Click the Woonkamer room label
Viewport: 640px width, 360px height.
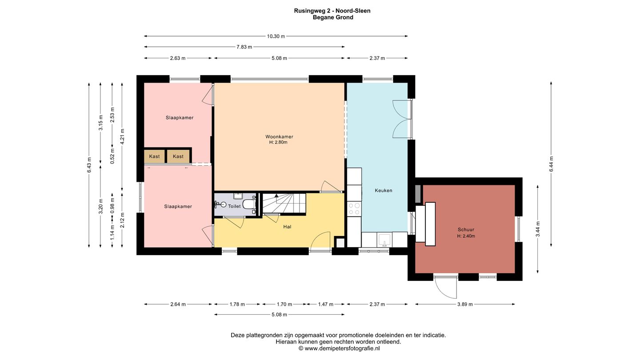pos(279,136)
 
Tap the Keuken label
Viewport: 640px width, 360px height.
pos(384,191)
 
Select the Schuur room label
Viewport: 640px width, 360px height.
pos(466,229)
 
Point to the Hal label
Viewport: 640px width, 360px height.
pos(287,227)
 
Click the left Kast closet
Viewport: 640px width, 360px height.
pos(155,156)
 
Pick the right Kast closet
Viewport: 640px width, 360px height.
pos(178,156)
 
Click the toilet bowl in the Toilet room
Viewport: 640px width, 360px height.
pos(249,204)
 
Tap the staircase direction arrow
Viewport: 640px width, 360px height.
pos(276,196)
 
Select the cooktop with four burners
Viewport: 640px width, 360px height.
pos(354,209)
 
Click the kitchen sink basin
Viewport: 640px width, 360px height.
pos(384,240)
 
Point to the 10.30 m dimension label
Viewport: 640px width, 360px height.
pos(276,36)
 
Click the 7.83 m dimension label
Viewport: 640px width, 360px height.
pos(244,47)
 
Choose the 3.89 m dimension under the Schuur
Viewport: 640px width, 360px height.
pos(465,304)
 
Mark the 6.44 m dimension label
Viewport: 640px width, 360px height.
pos(552,164)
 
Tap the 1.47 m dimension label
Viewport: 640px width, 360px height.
pos(326,304)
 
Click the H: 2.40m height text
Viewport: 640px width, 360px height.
pos(466,236)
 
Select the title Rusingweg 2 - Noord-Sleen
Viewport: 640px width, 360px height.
pos(332,11)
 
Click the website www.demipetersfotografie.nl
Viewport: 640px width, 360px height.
pos(342,348)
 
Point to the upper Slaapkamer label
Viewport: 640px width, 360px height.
pos(180,118)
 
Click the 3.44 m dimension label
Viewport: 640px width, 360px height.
pos(538,229)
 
